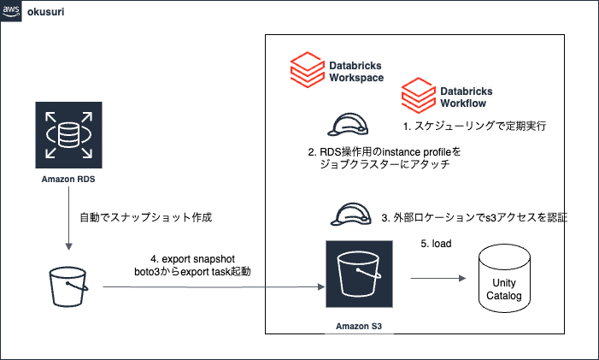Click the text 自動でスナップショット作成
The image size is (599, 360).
point(144,218)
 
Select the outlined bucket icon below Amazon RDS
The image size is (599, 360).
point(68,286)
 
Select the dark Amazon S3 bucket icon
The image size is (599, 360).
point(359,273)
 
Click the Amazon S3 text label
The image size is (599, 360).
point(359,327)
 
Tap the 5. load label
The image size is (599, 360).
point(436,243)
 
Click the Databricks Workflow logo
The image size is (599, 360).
point(419,94)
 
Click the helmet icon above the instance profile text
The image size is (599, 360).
point(347,126)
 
